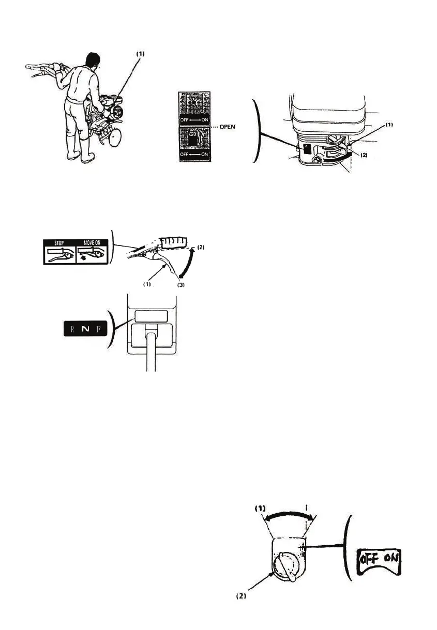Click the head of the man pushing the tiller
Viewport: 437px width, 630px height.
[x=93, y=61]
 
